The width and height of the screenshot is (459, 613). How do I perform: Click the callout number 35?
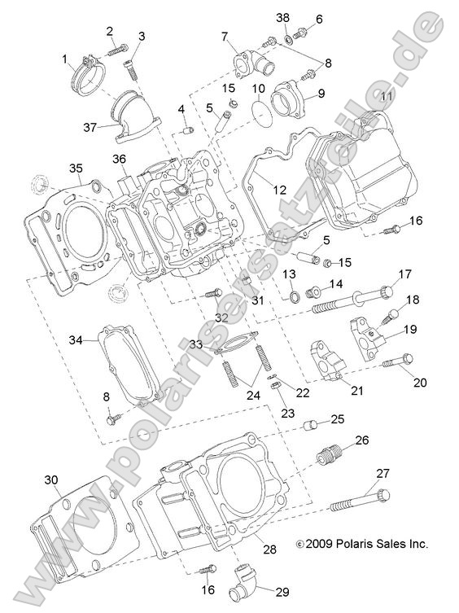(75, 169)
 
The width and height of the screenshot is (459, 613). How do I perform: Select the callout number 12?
(279, 190)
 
